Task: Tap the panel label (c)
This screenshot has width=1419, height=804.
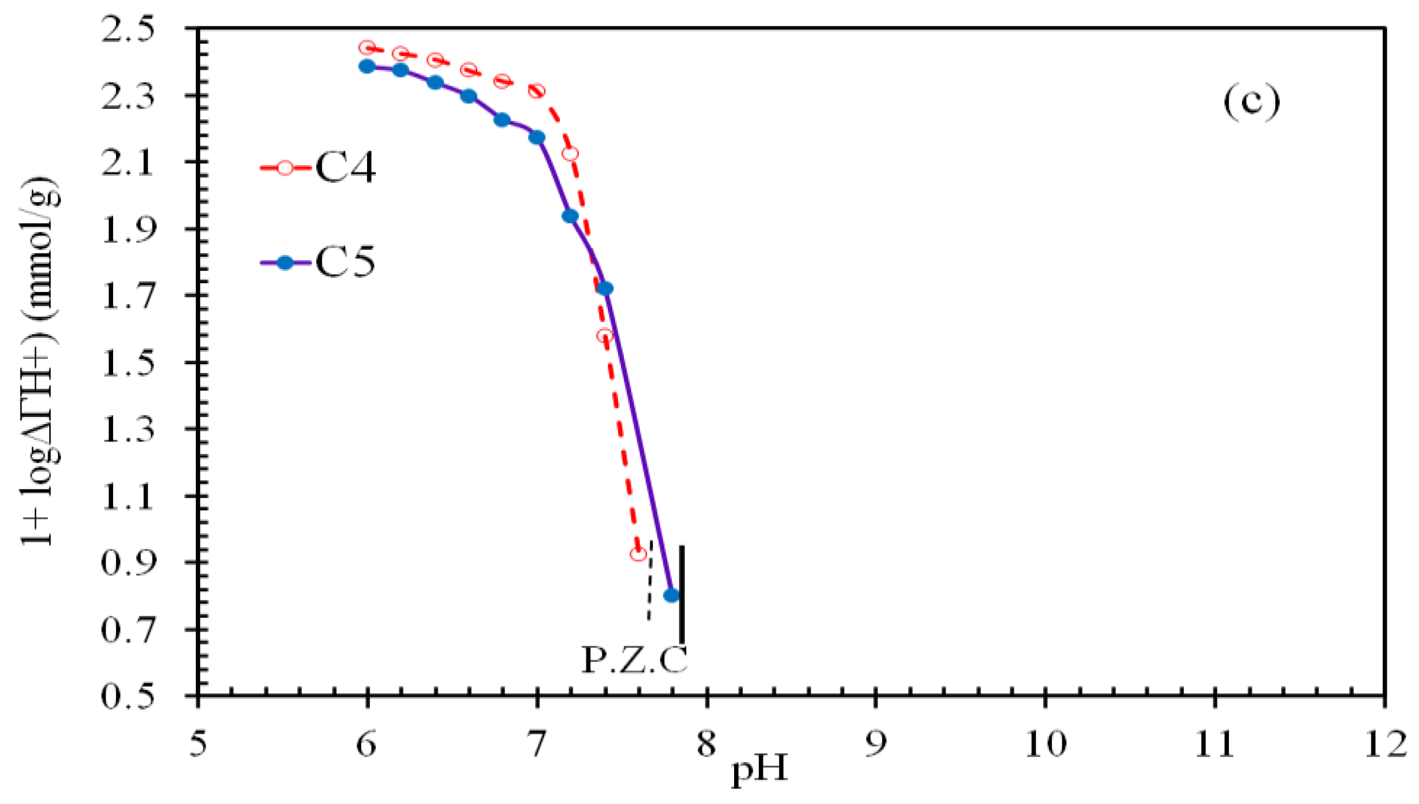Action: pyautogui.click(x=1251, y=102)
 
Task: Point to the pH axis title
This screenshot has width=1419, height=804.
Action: pyautogui.click(x=760, y=768)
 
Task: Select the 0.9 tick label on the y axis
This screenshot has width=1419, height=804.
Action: pyautogui.click(x=128, y=562)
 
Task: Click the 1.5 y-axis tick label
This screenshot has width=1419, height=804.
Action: pyautogui.click(x=128, y=362)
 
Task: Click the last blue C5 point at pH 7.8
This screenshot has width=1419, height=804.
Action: pyautogui.click(x=671, y=595)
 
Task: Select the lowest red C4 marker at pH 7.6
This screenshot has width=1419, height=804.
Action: pyautogui.click(x=638, y=554)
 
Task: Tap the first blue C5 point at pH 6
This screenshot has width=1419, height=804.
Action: pyautogui.click(x=367, y=66)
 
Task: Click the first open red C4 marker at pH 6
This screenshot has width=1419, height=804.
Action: pyautogui.click(x=367, y=48)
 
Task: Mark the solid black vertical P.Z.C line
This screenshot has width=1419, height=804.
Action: pyautogui.click(x=681, y=592)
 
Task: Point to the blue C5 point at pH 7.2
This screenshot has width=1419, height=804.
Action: pyautogui.click(x=570, y=216)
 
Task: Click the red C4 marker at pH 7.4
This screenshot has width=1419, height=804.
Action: pyautogui.click(x=605, y=336)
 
